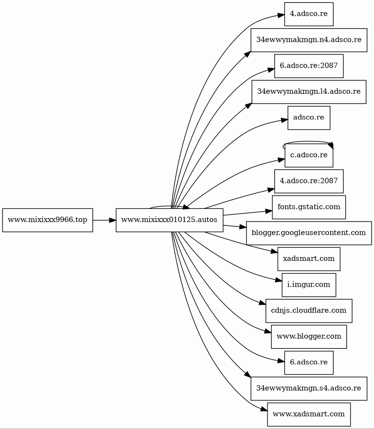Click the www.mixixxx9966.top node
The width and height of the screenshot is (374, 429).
tap(48, 220)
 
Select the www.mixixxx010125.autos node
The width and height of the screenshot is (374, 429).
tap(169, 220)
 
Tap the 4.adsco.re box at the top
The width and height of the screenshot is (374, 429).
tap(309, 14)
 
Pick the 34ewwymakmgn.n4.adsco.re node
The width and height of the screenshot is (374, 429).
tap(309, 40)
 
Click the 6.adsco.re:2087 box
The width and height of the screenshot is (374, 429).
tap(309, 66)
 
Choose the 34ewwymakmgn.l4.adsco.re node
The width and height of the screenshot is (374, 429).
tap(309, 91)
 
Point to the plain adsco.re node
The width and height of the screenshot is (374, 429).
tap(309, 118)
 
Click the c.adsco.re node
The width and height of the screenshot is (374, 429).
tap(309, 155)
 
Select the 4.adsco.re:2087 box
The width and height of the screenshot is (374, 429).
tap(309, 181)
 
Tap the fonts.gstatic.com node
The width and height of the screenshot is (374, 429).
tap(309, 207)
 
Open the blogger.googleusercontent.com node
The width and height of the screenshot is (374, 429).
tap(309, 233)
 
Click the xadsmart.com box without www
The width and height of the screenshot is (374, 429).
tap(309, 258)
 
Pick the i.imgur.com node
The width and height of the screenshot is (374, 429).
tap(309, 285)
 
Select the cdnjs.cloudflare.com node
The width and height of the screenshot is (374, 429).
tap(309, 310)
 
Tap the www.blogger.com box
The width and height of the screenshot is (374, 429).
tap(309, 336)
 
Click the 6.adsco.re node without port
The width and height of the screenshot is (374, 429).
tap(309, 362)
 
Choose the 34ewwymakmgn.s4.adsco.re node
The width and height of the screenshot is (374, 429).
tap(309, 388)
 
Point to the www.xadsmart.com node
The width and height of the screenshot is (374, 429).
tap(309, 414)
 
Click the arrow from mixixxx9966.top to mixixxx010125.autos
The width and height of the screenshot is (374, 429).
tap(104, 220)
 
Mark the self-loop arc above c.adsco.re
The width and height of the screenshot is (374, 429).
tap(309, 142)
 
